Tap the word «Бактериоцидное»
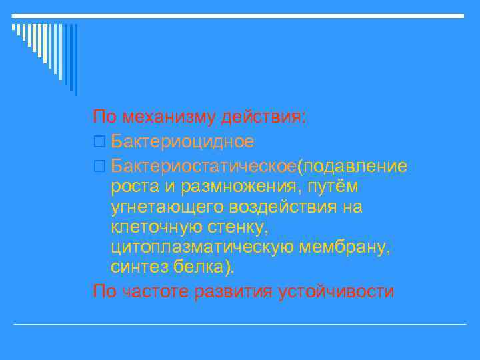[183, 141]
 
